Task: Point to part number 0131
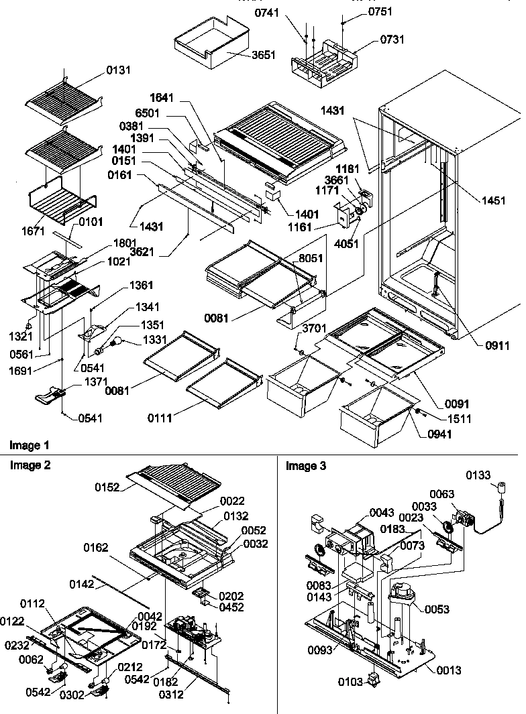(x=119, y=69)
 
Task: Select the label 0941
(x=440, y=434)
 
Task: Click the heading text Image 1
(x=29, y=445)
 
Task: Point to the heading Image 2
(x=29, y=465)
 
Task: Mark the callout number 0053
(x=437, y=609)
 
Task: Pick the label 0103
(x=350, y=682)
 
